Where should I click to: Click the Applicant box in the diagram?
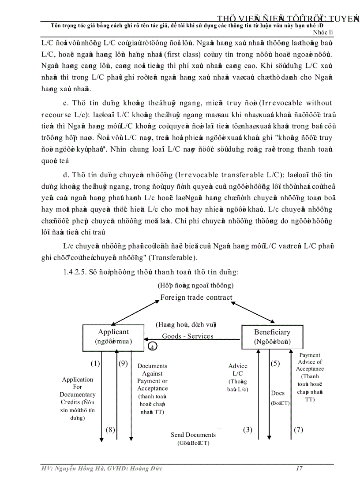click(x=113, y=336)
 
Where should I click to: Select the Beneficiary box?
click(x=272, y=336)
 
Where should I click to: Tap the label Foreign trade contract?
click(x=196, y=298)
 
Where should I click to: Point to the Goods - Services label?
click(x=187, y=336)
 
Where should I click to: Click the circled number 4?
click(x=152, y=346)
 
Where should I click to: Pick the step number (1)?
click(x=95, y=363)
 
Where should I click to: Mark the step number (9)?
click(x=123, y=363)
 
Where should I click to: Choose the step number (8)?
click(x=110, y=429)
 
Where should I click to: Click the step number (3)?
click(x=247, y=429)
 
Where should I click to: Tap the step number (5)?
click(x=275, y=363)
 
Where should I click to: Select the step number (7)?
click(x=299, y=429)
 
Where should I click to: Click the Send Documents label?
click(x=193, y=435)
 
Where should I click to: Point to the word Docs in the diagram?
click(x=278, y=393)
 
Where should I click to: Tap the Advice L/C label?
click(x=238, y=369)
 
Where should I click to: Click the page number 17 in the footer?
click(x=299, y=468)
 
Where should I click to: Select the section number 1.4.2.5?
click(x=76, y=272)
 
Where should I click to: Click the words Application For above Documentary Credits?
click(x=78, y=383)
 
